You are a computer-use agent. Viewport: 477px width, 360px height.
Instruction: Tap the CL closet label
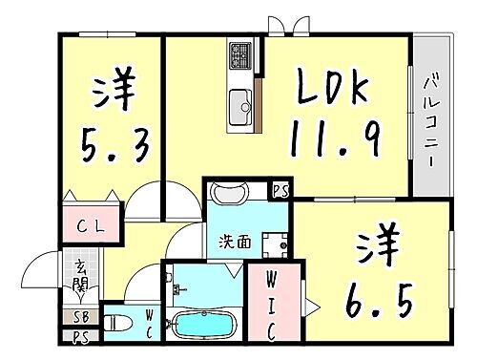pyautogui.click(x=92, y=227)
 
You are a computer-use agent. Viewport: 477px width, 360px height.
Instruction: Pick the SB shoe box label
pyautogui.click(x=77, y=317)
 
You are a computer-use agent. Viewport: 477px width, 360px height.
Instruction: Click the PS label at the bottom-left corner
pyautogui.click(x=77, y=336)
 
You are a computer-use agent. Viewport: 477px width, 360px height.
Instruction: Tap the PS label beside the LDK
pyautogui.click(x=280, y=190)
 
